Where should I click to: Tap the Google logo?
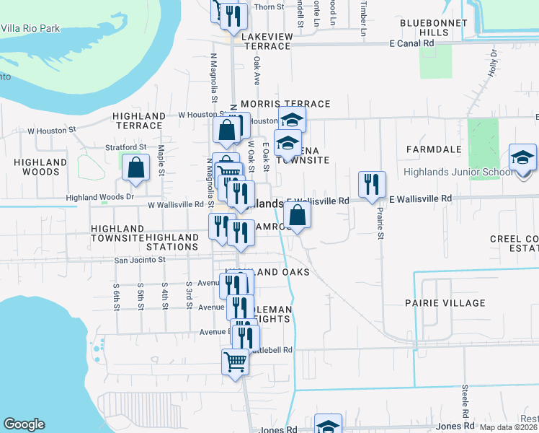[24, 424]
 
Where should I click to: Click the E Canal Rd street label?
[411, 43]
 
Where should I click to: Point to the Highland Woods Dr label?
[100, 196]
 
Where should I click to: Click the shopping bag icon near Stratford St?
[135, 169]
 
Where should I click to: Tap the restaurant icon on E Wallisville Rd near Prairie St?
[372, 184]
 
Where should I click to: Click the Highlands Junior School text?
[459, 172]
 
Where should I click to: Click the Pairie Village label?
[445, 303]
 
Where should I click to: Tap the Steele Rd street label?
[465, 396]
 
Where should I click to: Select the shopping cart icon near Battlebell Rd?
[235, 361]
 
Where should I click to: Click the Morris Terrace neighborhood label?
[285, 105]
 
